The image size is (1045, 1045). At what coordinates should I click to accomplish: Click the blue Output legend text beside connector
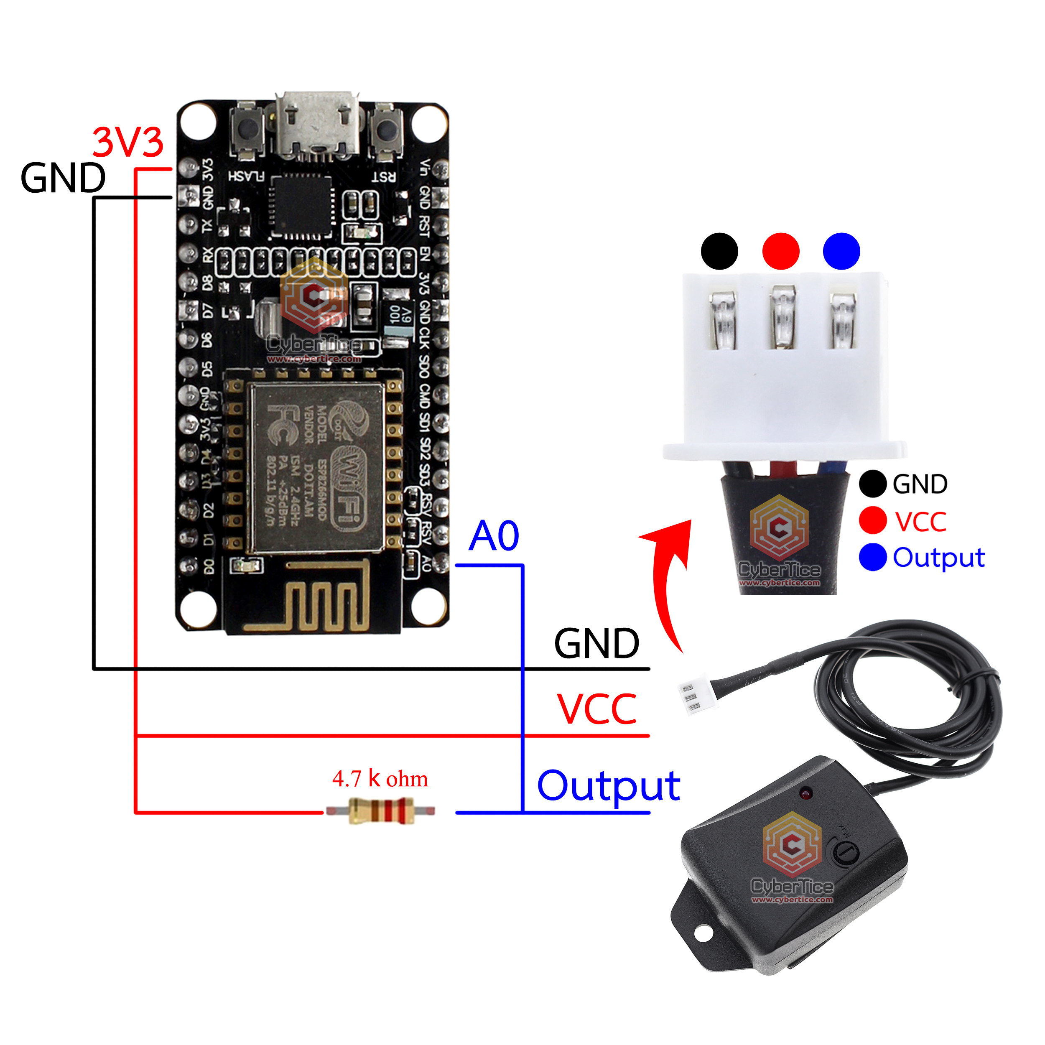(938, 558)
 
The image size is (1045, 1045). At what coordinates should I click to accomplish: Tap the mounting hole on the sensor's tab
(703, 933)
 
